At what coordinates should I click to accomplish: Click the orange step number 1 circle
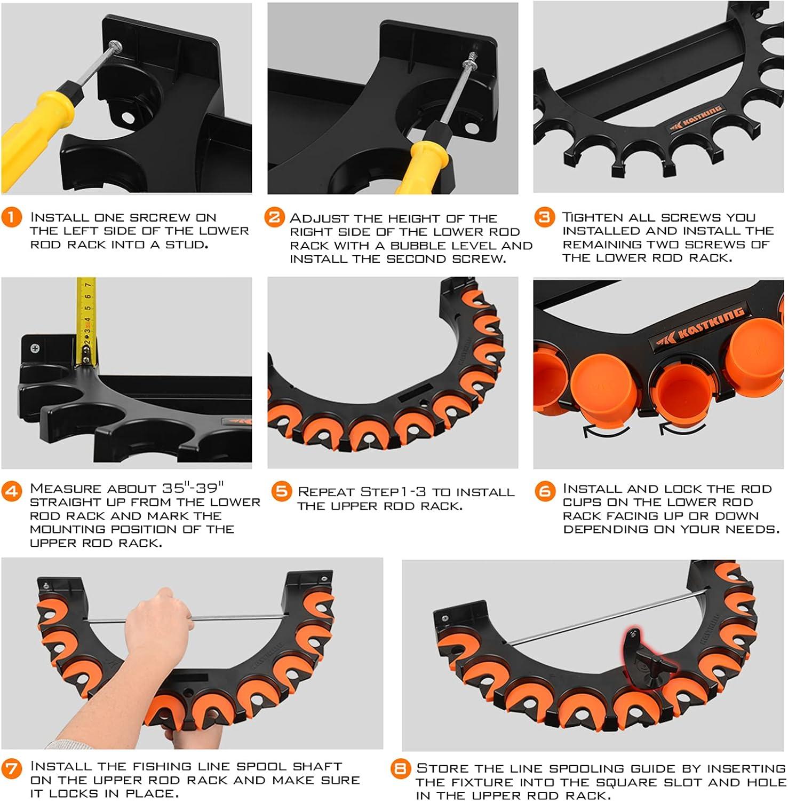(x=12, y=217)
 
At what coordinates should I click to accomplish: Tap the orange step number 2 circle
(x=274, y=217)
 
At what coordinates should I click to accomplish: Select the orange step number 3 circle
(x=544, y=217)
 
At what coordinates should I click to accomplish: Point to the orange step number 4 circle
(x=12, y=490)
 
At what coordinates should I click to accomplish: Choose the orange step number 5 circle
(x=281, y=491)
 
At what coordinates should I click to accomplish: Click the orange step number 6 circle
(x=545, y=490)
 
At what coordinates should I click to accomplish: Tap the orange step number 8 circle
(x=400, y=769)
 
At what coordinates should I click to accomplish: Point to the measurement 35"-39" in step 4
(x=193, y=488)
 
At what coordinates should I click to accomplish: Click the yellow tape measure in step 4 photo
(x=85, y=320)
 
